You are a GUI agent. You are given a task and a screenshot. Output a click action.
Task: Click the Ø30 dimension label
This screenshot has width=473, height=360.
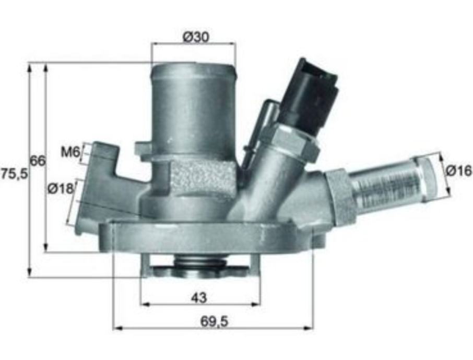[x=196, y=38]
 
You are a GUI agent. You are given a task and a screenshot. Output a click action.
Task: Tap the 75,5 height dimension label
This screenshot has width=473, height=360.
[x=15, y=174]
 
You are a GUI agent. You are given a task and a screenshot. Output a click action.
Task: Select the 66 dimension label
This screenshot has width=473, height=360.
[x=38, y=161]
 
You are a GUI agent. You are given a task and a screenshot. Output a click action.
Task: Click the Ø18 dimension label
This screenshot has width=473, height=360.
[x=61, y=189]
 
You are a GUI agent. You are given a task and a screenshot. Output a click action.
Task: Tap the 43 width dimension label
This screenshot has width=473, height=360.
[x=199, y=298]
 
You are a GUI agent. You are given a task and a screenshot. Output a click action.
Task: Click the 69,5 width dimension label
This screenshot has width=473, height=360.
[x=215, y=321]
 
